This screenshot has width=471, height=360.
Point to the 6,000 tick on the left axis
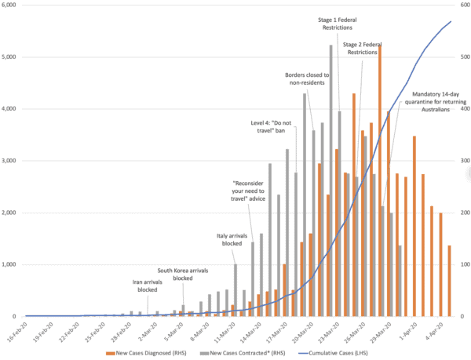coord(12,5)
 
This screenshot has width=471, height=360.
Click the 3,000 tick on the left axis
coord(12,161)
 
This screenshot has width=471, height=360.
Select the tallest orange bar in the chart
coord(380,180)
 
